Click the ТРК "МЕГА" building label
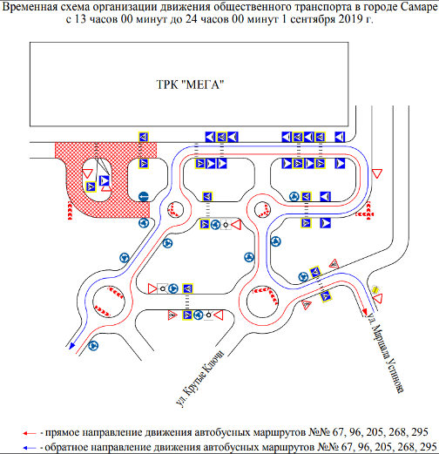[x=190, y=85]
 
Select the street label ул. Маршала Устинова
[x=385, y=352]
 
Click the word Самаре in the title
[x=419, y=7]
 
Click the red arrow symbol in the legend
[x=30, y=433]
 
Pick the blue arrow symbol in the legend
[x=30, y=448]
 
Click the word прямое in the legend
[x=62, y=433]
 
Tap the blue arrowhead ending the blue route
[x=71, y=346]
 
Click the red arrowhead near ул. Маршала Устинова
[x=365, y=312]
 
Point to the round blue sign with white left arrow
[x=144, y=197]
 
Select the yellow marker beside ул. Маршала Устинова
[x=375, y=289]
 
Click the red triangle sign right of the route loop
[x=377, y=173]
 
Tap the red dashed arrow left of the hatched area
[x=70, y=211]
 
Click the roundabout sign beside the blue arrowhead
[x=93, y=346]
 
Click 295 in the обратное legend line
[x=429, y=447]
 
